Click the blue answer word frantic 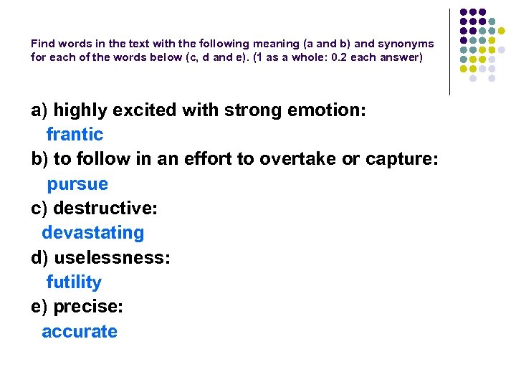75,134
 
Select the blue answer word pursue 77,183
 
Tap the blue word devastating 93,233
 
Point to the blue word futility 74,282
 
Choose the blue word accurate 80,332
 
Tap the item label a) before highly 40,110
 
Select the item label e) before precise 40,307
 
